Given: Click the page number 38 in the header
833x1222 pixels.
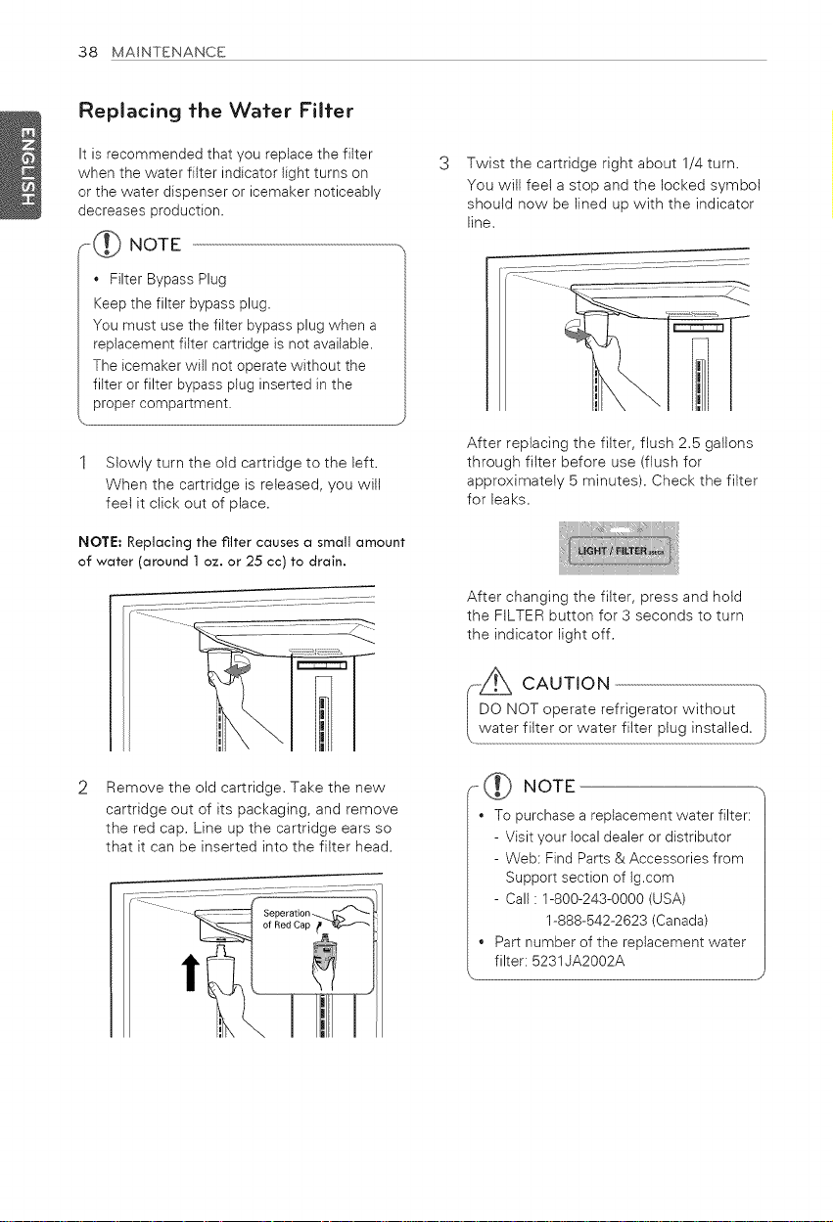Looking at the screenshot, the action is pos(87,52).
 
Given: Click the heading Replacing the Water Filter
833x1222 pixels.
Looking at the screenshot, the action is pos(216,111).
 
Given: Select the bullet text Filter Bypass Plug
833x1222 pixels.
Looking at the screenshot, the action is pos(168,279).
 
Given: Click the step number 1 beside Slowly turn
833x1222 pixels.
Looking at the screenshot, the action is pos(83,463).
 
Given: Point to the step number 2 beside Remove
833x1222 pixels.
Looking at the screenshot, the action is pos(83,789).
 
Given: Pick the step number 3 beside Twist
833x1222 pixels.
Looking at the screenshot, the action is pos(444,163).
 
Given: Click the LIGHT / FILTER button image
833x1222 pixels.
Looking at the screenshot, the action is pos(619,548).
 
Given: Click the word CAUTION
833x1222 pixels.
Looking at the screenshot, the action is pos(566,684).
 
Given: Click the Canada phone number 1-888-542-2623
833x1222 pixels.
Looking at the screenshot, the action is pos(596,921).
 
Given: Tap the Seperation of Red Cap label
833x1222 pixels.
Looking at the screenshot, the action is pos(287,919).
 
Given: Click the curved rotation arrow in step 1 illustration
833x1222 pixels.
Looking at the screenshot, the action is pos(238,666).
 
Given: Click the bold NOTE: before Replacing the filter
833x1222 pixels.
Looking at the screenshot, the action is pos(100,542).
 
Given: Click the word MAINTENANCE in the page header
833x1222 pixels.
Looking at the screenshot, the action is pos(168,52).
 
